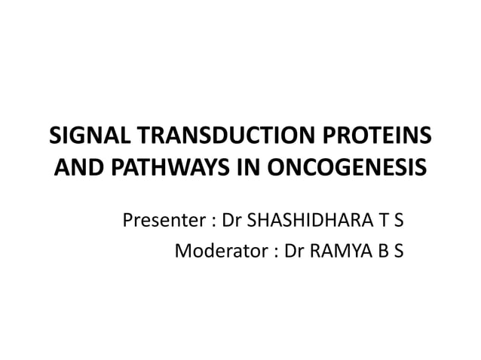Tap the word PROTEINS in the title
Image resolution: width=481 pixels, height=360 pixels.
[383, 137]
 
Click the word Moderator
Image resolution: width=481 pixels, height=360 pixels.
[218, 251]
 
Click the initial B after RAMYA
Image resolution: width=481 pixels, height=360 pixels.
[381, 251]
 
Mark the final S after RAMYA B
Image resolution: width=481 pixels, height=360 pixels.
[397, 251]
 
